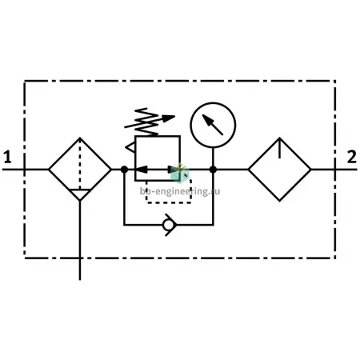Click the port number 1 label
[x=7, y=157]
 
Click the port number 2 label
[x=351, y=157]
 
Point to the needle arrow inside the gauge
[x=212, y=125]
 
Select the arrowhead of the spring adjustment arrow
[x=169, y=118]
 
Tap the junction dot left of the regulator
[x=124, y=170]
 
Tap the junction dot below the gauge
[x=213, y=170]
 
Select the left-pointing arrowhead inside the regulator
[x=142, y=170]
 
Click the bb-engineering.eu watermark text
[x=180, y=191]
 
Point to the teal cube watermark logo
[x=180, y=173]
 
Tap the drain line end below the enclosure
[x=80, y=280]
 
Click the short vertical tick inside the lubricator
[x=279, y=148]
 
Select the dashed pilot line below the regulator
[x=168, y=203]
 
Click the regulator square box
[x=135, y=158]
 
